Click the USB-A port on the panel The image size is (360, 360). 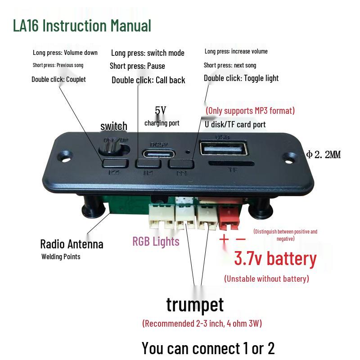pyautogui.click(x=224, y=149)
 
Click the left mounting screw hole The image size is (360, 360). pyautogui.click(x=67, y=158)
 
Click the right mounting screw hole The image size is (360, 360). pyautogui.click(x=290, y=157)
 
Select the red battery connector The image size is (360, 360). pyautogui.click(x=230, y=216)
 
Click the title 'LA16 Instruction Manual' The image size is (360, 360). pyautogui.click(x=82, y=26)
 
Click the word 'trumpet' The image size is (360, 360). pyautogui.click(x=194, y=304)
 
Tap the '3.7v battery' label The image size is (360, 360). pyautogui.click(x=275, y=259)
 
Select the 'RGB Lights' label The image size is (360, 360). pyautogui.click(x=156, y=242)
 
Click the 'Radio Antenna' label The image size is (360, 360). pyautogui.click(x=72, y=244)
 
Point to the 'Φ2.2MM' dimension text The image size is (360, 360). pyautogui.click(x=323, y=155)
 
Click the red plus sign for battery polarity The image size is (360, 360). pyautogui.click(x=224, y=239)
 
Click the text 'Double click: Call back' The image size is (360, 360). pyautogui.click(x=148, y=80)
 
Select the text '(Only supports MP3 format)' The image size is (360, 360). pyautogui.click(x=250, y=111)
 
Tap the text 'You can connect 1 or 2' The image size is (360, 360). pyautogui.click(x=208, y=348)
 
